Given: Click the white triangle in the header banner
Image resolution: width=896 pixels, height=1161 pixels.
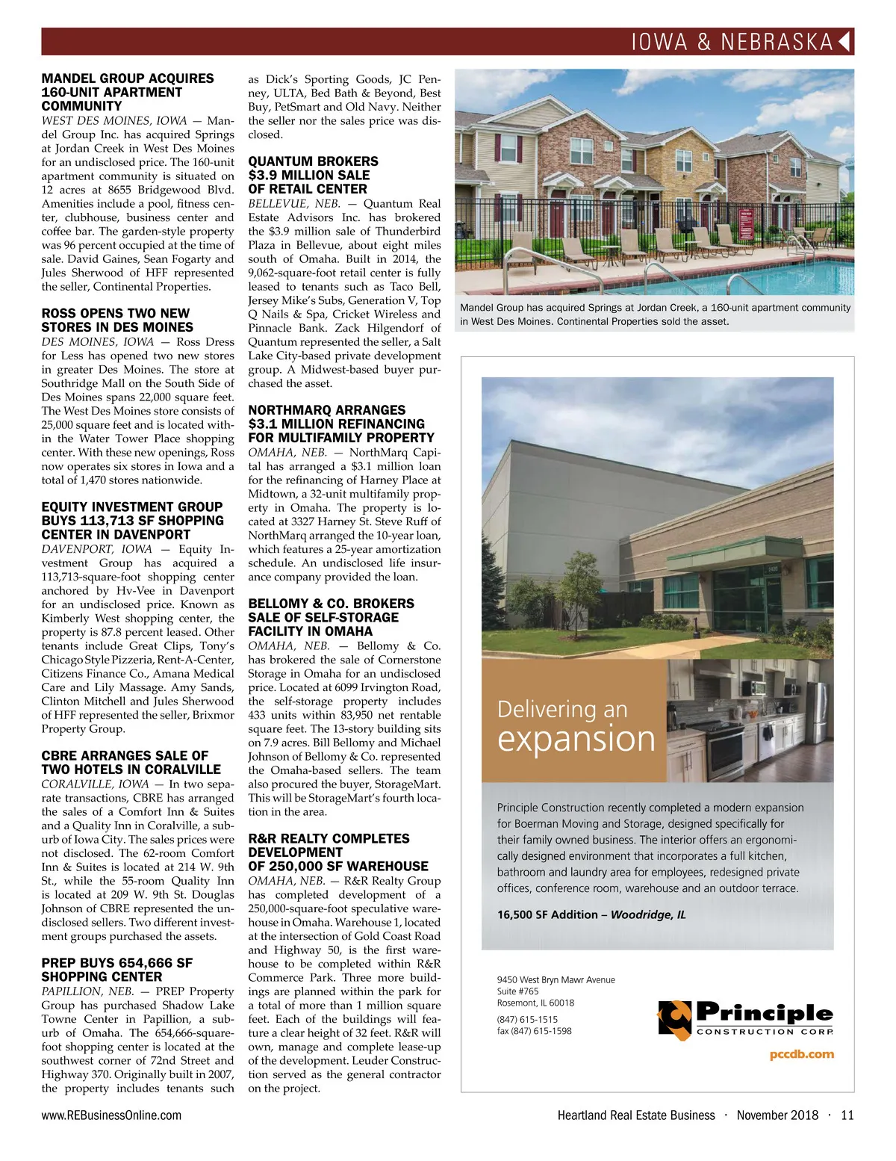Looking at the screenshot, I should click(x=845, y=41).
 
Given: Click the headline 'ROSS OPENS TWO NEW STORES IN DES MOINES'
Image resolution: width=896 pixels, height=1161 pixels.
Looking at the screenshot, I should click(x=117, y=321).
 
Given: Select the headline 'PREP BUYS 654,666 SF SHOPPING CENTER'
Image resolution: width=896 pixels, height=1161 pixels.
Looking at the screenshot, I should click(x=116, y=970).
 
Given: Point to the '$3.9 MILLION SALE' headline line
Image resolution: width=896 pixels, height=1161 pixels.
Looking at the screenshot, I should click(x=309, y=175).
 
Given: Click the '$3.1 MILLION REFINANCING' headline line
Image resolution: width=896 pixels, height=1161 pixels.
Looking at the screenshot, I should click(x=337, y=424).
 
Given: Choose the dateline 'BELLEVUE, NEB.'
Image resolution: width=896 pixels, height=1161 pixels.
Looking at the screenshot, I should click(x=294, y=203).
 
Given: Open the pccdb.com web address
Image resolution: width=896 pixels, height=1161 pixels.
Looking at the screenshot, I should click(x=801, y=1054).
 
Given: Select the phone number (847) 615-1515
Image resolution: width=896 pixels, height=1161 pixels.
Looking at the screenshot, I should click(x=527, y=1019).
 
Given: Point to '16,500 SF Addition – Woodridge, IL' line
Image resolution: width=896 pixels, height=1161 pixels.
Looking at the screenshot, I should click(x=591, y=914).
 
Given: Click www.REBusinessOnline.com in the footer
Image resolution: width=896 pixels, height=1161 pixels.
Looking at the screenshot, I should click(x=111, y=1115).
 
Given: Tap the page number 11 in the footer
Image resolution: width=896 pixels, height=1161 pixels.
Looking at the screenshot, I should click(x=847, y=1115).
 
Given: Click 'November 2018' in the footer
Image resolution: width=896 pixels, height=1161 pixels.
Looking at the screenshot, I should click(x=777, y=1115).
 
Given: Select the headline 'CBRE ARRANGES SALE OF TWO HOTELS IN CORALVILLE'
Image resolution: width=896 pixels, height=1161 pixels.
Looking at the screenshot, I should click(x=131, y=762).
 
